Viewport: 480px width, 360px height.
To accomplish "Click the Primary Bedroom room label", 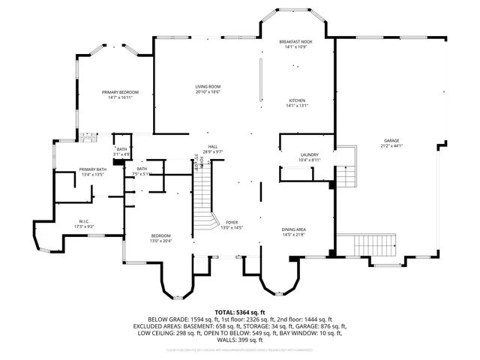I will coord(120,92).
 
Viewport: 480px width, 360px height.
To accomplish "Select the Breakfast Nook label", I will coord(295,42).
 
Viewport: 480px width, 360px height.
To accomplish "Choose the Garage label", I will coord(391,140).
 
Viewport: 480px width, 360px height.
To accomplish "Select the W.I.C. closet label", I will coord(84,221).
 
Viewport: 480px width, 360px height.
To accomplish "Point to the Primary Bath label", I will coord(92,169).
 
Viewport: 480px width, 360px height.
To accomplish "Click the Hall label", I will coord(213,147).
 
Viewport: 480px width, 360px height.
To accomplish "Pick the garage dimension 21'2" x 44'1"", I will coord(391,145).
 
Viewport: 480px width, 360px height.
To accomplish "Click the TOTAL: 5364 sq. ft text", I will coord(240,311).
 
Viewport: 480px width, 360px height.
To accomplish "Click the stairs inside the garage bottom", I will coord(367,244).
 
